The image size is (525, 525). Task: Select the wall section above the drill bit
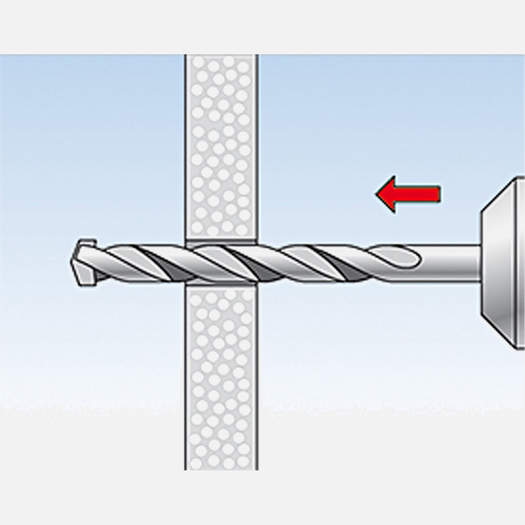(221, 147)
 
